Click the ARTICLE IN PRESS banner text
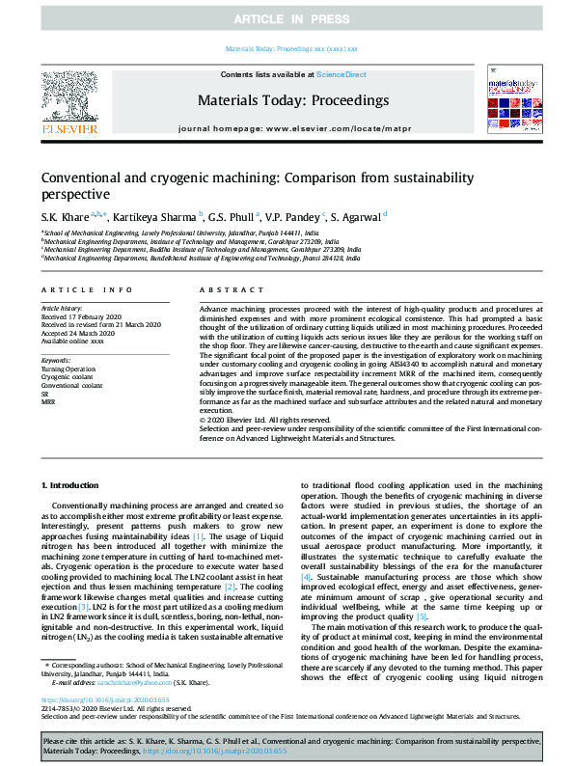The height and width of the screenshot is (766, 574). [x=287, y=19]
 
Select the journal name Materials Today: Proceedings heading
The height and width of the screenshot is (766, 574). [x=293, y=100]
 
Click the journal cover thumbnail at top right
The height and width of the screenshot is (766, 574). [x=507, y=105]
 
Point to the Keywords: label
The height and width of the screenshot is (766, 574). [x=56, y=359]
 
